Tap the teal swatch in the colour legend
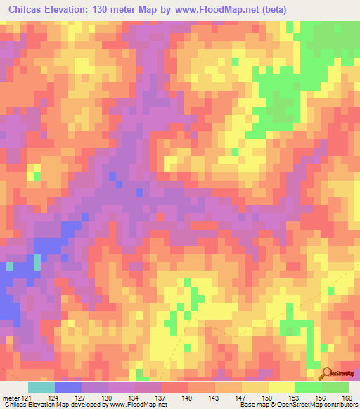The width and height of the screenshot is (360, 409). click(41, 388)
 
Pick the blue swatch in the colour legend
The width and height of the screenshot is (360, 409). click(67, 388)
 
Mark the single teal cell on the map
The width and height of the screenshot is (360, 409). click(9, 266)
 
